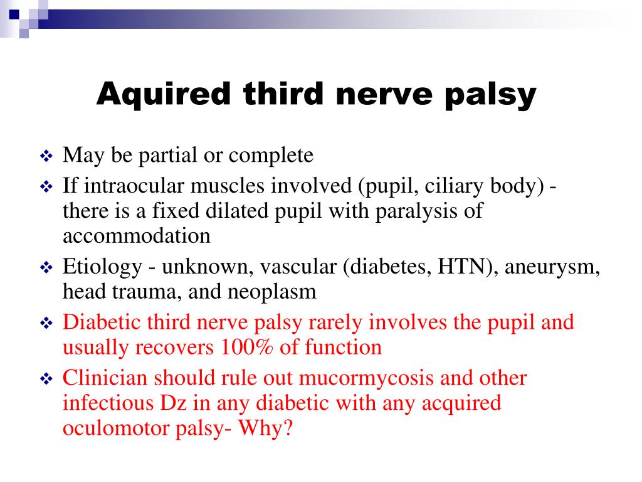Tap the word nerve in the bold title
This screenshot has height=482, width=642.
tap(384, 94)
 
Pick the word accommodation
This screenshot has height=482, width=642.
tap(136, 236)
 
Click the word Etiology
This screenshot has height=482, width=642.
tap(102, 267)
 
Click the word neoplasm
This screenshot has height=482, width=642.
tap(272, 292)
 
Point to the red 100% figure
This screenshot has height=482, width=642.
tap(246, 347)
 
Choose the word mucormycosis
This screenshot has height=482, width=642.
tap(366, 378)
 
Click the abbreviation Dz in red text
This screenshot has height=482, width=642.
tap(173, 403)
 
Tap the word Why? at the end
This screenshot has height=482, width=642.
tap(265, 428)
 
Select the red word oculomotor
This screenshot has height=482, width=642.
tap(116, 428)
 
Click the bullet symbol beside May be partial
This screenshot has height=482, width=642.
tap(46, 156)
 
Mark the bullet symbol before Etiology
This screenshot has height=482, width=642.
tap(46, 268)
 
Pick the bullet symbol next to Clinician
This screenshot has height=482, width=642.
tap(46, 379)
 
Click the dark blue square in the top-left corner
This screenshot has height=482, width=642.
tap(14, 14)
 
